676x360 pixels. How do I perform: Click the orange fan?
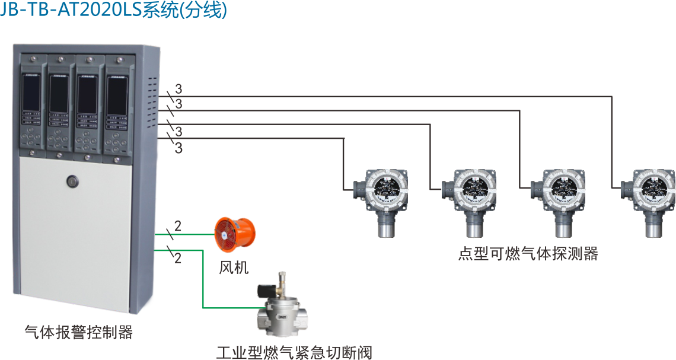pos(234,233)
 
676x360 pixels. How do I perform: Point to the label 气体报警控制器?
pos(79,332)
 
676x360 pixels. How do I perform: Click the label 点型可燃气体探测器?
pos(528,254)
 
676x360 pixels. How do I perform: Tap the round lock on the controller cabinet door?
pos(73,181)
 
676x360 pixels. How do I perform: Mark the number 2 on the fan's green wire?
pos(178,226)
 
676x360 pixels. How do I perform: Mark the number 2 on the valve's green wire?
pos(178,258)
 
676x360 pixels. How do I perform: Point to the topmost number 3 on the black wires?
pos(178,89)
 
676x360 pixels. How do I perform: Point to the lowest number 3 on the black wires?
pos(178,148)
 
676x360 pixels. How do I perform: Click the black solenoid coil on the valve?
pos(266,290)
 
